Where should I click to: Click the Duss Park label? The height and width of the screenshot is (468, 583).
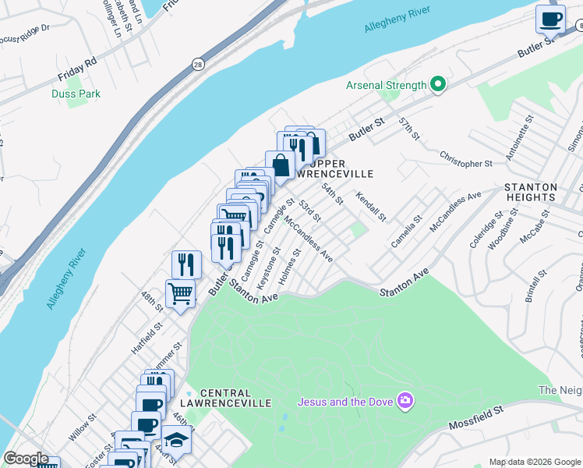pos(76,94)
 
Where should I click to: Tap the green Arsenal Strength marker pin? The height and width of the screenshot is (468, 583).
pos(438,85)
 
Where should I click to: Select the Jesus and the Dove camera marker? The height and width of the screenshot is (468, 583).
pos(405,402)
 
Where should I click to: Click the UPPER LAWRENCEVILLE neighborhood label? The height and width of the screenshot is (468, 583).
pos(337,168)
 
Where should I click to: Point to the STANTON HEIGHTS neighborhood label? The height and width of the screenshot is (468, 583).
pos(531,193)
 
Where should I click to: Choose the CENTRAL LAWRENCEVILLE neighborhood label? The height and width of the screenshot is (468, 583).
pos(235,398)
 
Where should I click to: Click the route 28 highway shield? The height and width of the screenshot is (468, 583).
pos(199,65)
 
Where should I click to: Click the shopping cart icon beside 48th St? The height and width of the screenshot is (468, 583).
pos(181,294)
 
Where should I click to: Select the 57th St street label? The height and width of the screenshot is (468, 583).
pos(408,129)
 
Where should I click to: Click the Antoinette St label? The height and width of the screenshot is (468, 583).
pos(518,139)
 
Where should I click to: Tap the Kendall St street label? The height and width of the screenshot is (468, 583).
pos(371,204)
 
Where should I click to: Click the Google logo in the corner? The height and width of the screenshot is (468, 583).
pos(26,459)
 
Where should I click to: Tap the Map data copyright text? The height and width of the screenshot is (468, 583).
pos(533,462)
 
